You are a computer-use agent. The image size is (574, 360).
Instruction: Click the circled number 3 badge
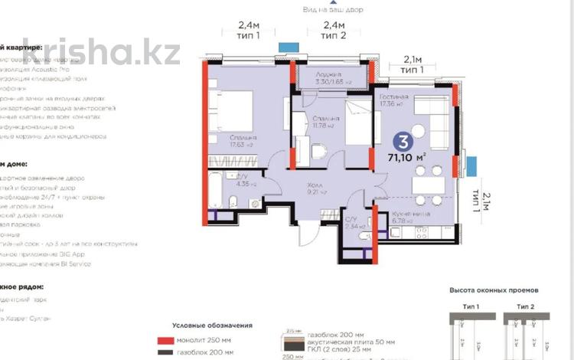point(401,142)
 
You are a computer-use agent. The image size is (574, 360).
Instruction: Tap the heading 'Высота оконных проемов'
point(494,290)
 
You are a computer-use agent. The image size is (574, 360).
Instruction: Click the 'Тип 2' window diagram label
point(525,305)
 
